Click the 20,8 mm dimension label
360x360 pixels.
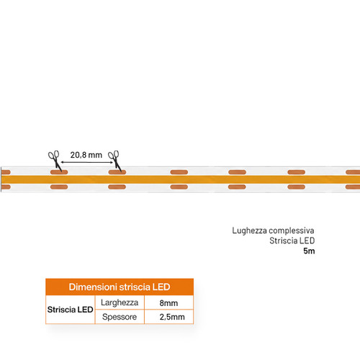click(x=86, y=155)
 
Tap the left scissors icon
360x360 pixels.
click(x=55, y=161)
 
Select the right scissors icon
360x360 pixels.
click(x=114, y=161)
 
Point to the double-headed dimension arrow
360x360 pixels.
click(x=87, y=162)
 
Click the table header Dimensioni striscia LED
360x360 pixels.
click(x=120, y=287)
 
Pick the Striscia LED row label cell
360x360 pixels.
click(x=70, y=310)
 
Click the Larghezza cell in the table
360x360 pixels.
click(x=120, y=302)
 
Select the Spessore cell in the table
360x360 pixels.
click(x=120, y=317)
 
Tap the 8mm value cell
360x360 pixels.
click(x=168, y=303)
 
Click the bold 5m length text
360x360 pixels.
click(x=309, y=251)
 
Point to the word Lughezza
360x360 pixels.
click(x=249, y=230)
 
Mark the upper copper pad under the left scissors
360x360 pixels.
click(x=59, y=172)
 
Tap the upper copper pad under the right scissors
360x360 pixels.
click(x=117, y=172)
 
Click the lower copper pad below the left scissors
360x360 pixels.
click(x=59, y=187)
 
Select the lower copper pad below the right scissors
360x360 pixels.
click(x=117, y=187)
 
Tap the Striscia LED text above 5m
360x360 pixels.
click(x=292, y=240)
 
